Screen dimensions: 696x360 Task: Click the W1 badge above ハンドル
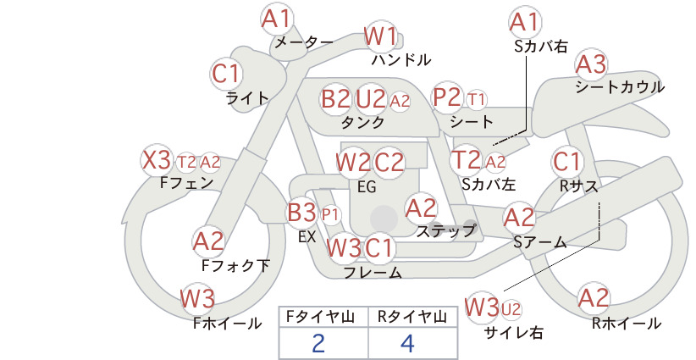pos(380,36)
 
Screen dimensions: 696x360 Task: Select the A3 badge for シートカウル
pos(592,64)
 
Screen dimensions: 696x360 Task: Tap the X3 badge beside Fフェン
pos(157,160)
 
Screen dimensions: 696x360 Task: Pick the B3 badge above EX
pos(301,212)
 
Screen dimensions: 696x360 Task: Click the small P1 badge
pos(330,215)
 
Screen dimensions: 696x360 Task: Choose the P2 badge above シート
pos(447,97)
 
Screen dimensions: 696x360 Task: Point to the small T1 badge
pos(477,100)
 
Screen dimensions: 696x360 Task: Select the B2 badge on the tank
pos(335,98)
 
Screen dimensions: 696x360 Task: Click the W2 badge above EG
pos(352,163)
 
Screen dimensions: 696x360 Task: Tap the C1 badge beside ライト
pos(226,74)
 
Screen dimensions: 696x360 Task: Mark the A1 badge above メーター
pos(276,19)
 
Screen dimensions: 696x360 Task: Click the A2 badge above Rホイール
pos(594,298)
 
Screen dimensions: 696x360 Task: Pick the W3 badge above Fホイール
pos(197,298)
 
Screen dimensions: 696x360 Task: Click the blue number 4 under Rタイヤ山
pos(407,343)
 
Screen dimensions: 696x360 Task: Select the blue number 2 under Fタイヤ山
pos(318,343)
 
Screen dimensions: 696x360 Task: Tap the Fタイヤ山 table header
pos(320,317)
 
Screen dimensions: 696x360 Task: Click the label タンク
pos(362,122)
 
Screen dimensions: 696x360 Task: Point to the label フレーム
pos(373,272)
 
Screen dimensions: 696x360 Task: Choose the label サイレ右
pos(514,332)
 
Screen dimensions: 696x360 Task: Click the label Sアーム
pos(540,242)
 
